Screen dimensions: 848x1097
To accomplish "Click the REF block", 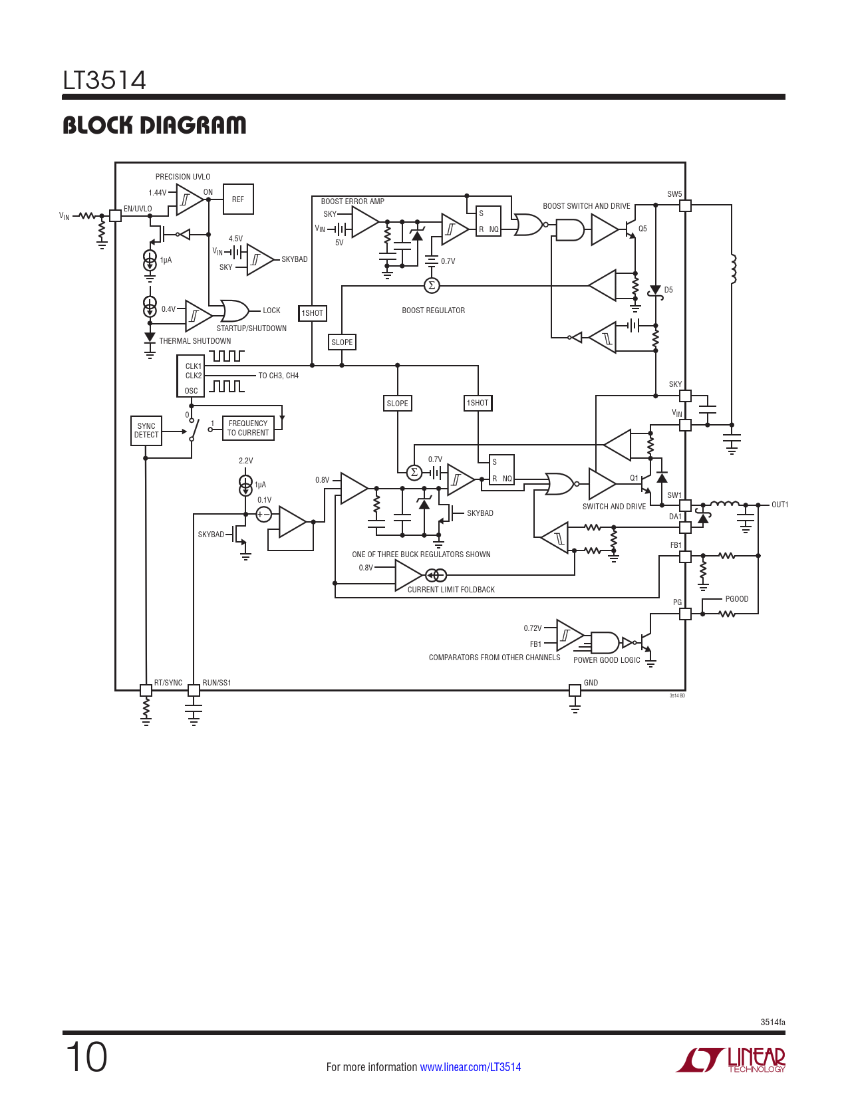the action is (x=238, y=199).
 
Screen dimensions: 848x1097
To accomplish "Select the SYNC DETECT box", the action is (x=146, y=431).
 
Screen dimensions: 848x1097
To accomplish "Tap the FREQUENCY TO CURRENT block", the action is (x=248, y=428).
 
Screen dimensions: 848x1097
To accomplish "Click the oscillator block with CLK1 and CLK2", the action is (x=190, y=376).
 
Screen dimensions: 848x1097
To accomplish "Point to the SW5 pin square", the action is (x=685, y=205).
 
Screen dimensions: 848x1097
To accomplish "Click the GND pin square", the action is (x=575, y=690).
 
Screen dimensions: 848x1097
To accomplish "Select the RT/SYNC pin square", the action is (x=146, y=690).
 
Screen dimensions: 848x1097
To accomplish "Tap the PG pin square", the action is (x=685, y=614).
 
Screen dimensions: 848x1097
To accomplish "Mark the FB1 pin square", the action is (x=685, y=556).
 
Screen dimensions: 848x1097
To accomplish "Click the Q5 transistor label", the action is (x=642, y=229).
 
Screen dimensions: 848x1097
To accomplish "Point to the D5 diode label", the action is (x=668, y=290).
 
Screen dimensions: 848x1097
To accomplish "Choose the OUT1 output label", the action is (x=779, y=505).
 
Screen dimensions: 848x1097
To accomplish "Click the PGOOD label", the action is (x=737, y=599).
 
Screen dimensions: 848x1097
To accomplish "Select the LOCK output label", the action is (x=271, y=310).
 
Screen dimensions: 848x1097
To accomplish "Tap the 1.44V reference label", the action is (x=157, y=192).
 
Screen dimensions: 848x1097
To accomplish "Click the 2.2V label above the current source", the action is (x=245, y=460).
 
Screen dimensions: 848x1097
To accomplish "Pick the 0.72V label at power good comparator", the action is (x=532, y=628).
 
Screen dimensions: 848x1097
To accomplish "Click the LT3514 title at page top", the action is (x=104, y=80).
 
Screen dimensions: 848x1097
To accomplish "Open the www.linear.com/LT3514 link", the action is (x=470, y=1066).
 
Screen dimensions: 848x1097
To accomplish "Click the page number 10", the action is (x=86, y=1058).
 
